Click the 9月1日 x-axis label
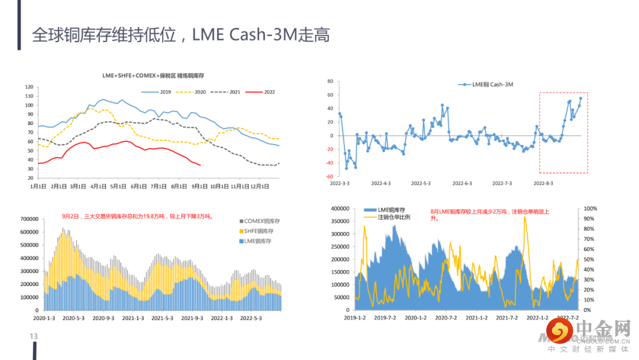(x=200, y=187)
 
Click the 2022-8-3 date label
(x=544, y=184)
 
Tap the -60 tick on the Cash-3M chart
(x=330, y=176)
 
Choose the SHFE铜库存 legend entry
(x=261, y=231)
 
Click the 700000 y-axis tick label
(x=30, y=219)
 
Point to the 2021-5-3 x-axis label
(x=163, y=318)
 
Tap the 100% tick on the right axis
(x=591, y=209)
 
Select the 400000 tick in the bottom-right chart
(x=337, y=209)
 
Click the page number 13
(x=34, y=337)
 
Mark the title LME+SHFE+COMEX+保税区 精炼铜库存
(x=153, y=76)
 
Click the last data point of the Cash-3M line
(x=580, y=98)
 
